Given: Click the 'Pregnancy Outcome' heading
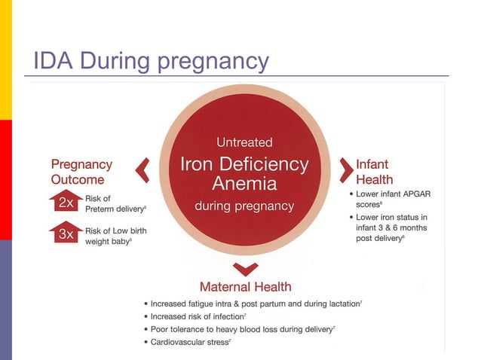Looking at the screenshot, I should (x=81, y=172).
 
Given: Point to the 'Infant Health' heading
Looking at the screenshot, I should (x=375, y=171).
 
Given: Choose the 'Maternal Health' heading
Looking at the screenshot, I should (x=245, y=286).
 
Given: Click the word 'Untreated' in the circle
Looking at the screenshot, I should (x=245, y=142).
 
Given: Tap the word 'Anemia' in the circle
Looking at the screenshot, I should (x=245, y=183).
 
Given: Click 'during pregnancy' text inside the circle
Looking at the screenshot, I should (x=245, y=205).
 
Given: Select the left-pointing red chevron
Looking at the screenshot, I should (x=142, y=172).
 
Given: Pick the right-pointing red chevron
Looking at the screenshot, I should (x=346, y=171).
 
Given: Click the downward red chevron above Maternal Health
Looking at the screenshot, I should (x=245, y=268).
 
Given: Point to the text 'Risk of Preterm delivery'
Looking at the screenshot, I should (x=115, y=203).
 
